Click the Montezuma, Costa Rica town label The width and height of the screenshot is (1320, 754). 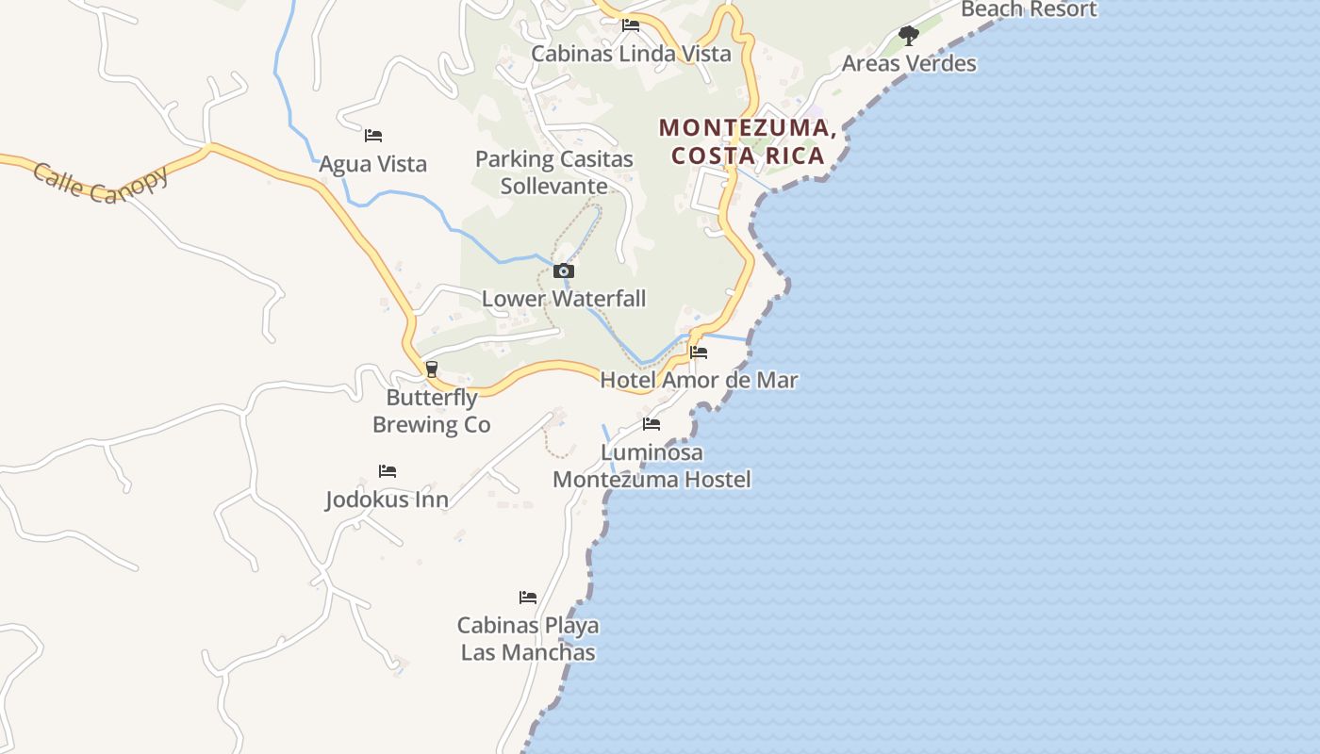[x=748, y=141]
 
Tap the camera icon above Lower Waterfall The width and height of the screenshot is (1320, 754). [x=564, y=271]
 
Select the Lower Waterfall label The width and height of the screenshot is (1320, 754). [x=564, y=299]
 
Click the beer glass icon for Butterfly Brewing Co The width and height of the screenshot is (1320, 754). [x=432, y=369]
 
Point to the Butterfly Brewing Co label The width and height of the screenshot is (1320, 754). [x=432, y=411]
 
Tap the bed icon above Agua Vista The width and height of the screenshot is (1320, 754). [x=373, y=136]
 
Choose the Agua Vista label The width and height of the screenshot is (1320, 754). [x=373, y=164]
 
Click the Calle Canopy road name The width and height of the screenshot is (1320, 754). [x=101, y=184]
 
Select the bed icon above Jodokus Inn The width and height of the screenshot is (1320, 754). [x=388, y=471]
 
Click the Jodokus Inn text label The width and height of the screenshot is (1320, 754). [x=388, y=500]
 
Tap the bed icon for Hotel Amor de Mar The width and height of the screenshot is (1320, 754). [x=699, y=352]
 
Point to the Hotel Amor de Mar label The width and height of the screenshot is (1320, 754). [x=699, y=380]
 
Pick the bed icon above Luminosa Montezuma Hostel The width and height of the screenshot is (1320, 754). [x=652, y=424]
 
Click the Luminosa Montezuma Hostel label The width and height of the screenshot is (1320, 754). [x=652, y=466]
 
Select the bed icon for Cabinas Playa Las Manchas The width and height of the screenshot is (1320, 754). [x=528, y=598]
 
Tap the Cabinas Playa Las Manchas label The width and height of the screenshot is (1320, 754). [x=528, y=638]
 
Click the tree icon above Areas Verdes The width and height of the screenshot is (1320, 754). [x=909, y=36]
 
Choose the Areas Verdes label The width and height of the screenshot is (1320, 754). [x=909, y=64]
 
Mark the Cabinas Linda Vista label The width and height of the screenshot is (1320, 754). [x=631, y=54]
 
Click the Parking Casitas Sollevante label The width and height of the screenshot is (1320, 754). [x=554, y=172]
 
